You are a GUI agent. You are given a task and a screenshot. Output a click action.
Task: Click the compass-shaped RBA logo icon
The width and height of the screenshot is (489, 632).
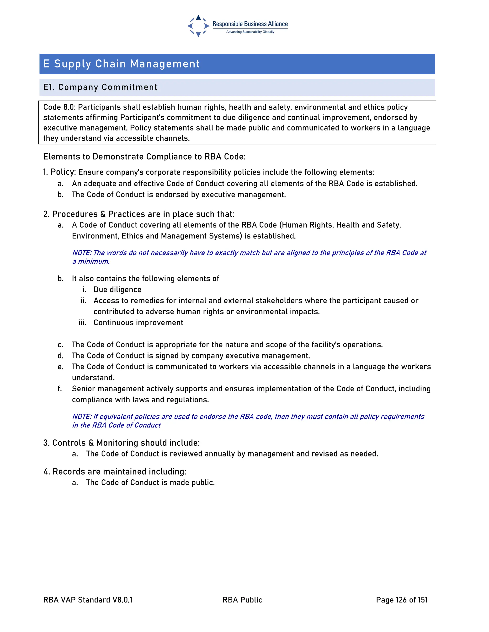198,26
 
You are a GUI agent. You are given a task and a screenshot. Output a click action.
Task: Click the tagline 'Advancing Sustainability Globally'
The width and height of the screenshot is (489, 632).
250,32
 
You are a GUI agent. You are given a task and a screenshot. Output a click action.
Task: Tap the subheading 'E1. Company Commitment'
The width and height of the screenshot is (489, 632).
100,87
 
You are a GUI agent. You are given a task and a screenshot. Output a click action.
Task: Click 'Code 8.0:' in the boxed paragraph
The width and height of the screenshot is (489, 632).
59,107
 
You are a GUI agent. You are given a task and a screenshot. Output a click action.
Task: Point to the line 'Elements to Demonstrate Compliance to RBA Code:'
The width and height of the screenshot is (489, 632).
144,156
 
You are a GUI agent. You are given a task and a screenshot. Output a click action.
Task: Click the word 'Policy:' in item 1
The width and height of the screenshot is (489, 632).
63,172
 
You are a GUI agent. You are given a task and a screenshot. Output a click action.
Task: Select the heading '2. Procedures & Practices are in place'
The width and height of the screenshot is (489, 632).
138,214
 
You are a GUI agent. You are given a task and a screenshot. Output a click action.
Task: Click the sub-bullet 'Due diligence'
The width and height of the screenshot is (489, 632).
117,289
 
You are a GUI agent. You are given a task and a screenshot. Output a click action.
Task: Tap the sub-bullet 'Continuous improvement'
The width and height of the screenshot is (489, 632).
138,322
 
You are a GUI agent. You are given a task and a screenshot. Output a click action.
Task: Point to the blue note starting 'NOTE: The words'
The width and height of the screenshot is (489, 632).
249,253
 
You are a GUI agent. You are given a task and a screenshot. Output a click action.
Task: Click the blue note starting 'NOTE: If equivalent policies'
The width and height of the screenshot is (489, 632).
248,416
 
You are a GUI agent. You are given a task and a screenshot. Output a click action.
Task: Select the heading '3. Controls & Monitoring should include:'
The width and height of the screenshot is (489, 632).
121,443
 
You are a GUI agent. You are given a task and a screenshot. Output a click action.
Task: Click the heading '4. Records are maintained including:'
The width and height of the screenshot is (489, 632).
115,471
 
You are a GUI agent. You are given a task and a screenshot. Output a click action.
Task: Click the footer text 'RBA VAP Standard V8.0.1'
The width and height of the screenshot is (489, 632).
88,600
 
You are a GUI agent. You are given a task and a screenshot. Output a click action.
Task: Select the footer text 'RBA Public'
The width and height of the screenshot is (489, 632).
242,600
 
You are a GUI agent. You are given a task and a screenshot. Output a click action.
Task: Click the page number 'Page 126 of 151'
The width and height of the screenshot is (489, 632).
402,600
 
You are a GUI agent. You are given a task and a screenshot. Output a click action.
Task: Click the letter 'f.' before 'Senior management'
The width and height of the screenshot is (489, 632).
60,389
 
